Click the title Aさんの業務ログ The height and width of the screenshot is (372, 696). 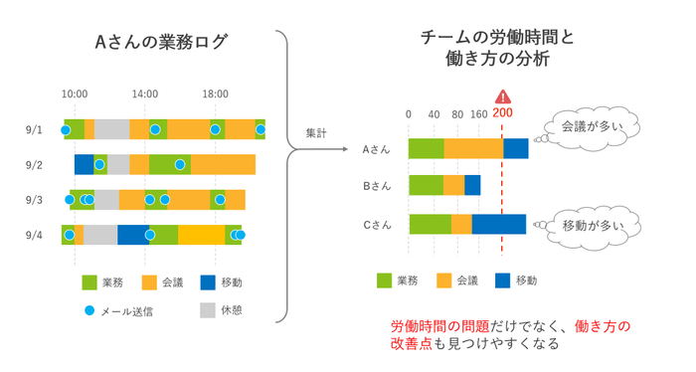(161, 42)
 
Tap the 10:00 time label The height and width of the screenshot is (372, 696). (75, 93)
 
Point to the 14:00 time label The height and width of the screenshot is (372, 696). (145, 93)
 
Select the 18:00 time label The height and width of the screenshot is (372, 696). (216, 93)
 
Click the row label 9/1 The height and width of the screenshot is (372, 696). (35, 130)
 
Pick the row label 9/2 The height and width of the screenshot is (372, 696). (35, 165)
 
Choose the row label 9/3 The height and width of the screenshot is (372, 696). (35, 200)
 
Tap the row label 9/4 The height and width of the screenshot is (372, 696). (35, 236)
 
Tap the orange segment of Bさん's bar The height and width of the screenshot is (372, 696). (453, 185)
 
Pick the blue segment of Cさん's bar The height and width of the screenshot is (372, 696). (498, 224)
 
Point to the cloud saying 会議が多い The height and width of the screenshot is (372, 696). (589, 127)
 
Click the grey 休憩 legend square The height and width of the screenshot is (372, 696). (207, 310)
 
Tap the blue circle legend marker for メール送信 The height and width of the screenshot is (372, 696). (88, 310)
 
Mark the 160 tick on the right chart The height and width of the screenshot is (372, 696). (478, 113)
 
